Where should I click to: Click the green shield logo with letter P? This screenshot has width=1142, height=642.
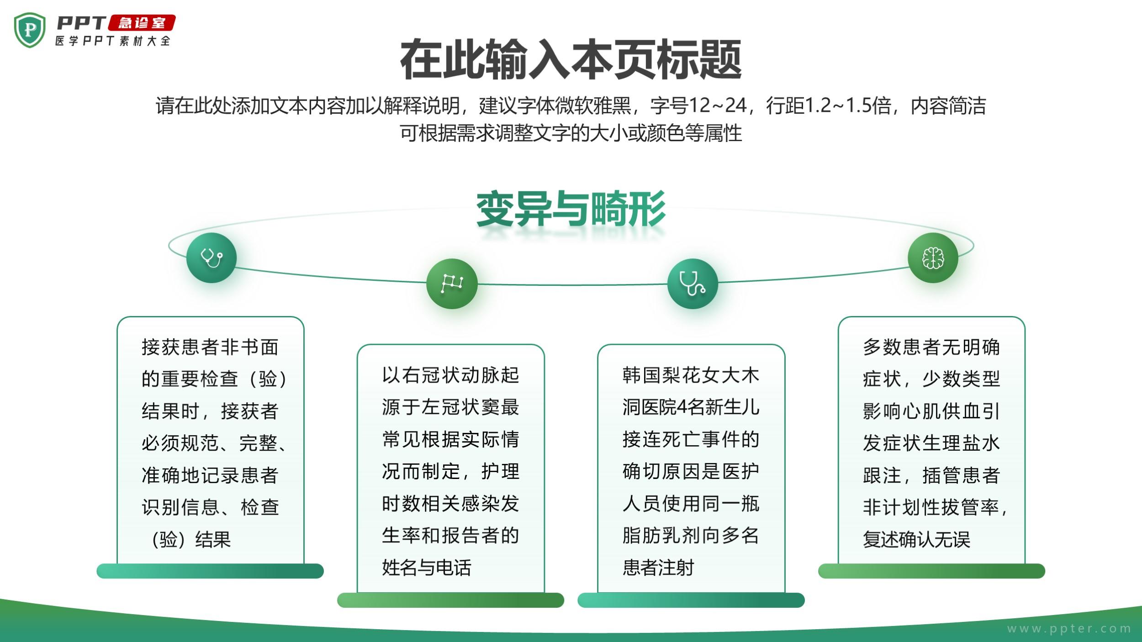[30, 30]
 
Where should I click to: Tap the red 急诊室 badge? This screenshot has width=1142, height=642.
[142, 23]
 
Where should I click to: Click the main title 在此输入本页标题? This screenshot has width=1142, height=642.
[571, 60]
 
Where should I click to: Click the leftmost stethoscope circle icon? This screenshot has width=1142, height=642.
[211, 258]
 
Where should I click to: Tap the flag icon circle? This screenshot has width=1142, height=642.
[452, 284]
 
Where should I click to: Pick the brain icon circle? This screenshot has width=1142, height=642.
[933, 258]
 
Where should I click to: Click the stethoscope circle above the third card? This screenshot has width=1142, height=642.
[693, 284]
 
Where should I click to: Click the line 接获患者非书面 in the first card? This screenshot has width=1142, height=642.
[210, 347]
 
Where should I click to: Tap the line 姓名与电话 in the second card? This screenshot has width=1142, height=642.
[427, 568]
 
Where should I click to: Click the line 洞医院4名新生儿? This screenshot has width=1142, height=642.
[691, 407]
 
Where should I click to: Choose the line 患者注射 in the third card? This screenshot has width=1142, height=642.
[658, 568]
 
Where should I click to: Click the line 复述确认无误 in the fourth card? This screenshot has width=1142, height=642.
[916, 539]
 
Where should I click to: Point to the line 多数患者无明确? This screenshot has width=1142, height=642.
[931, 347]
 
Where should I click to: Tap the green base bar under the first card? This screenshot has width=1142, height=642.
[210, 571]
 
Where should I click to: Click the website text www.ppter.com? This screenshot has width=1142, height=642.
[1069, 629]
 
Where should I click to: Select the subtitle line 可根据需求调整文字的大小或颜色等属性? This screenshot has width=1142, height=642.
[571, 133]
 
